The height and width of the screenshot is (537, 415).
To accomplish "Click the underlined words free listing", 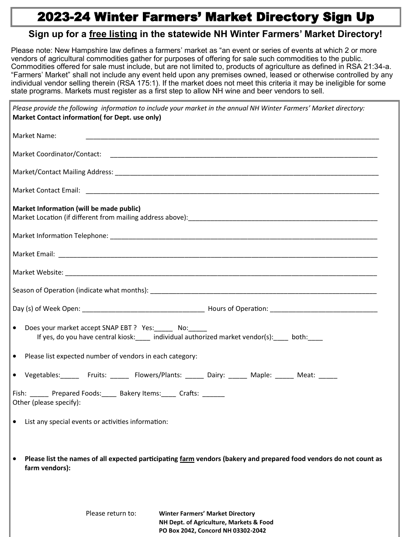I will (x=113, y=34).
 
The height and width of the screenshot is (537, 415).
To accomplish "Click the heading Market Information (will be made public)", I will (x=76, y=209).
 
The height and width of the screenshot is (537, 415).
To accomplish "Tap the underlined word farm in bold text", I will (x=187, y=459).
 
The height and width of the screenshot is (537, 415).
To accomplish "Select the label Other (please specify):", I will (x=47, y=403).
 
